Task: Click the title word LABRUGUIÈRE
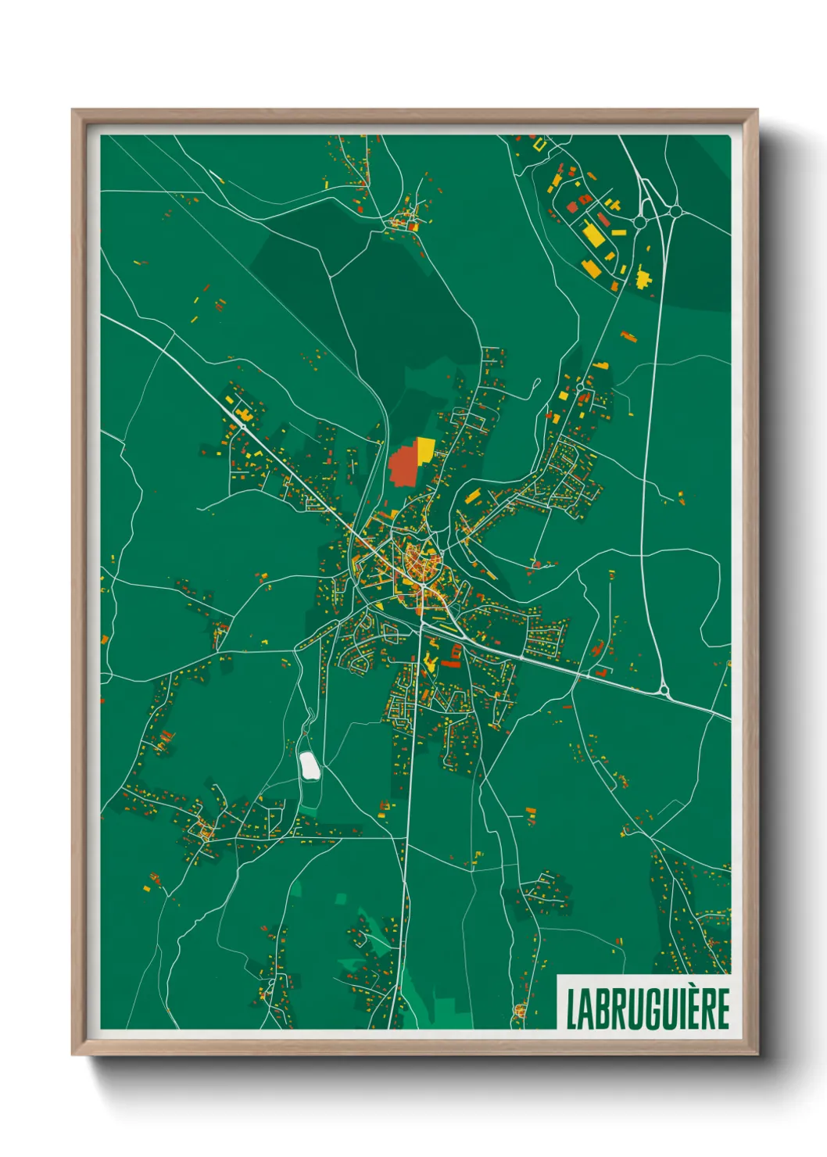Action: pyautogui.click(x=647, y=1008)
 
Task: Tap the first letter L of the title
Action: pyautogui.click(x=571, y=1008)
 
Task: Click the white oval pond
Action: pyautogui.click(x=310, y=766)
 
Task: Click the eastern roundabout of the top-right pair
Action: pyautogui.click(x=675, y=210)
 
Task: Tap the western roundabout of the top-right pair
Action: pyautogui.click(x=640, y=222)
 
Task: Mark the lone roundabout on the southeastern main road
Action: pyautogui.click(x=664, y=690)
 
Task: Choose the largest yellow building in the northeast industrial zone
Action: pyautogui.click(x=594, y=234)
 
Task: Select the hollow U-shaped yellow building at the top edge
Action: pyautogui.click(x=539, y=143)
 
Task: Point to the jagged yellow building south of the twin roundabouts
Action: pyautogui.click(x=643, y=278)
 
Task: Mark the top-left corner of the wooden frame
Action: pyautogui.click(x=73, y=110)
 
